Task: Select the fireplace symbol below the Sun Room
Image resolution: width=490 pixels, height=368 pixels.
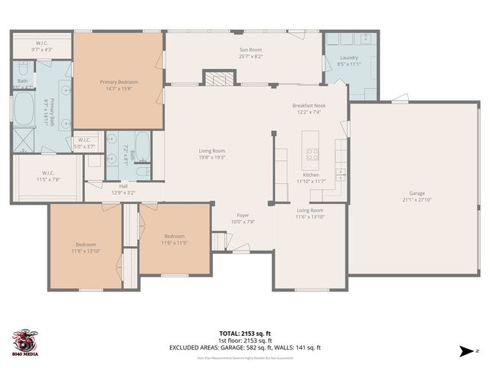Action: [216, 78]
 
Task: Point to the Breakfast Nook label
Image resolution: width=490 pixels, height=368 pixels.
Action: [310, 106]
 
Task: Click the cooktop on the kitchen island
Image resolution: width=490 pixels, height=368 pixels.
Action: [312, 152]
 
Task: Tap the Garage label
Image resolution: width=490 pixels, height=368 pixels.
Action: [416, 193]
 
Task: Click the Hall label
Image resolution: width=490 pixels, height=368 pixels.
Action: [123, 186]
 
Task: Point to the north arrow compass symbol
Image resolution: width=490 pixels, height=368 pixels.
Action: [467, 351]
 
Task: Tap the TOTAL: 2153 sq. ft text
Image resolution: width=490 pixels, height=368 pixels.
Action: [244, 333]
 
